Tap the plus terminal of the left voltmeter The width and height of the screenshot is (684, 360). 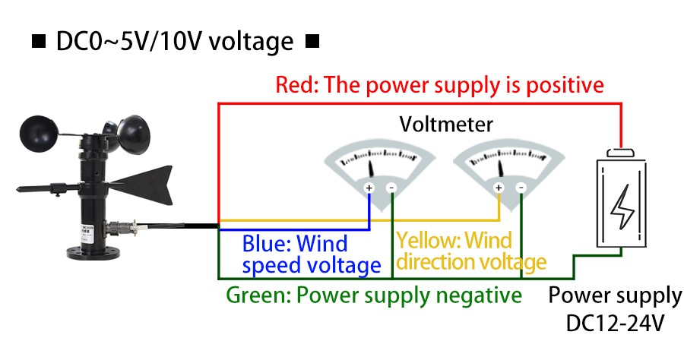369,188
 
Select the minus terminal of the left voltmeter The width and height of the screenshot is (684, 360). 391,188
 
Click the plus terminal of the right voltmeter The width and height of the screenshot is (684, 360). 499,188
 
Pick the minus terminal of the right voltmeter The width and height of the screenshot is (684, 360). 521,188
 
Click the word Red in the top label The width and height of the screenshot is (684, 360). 291,84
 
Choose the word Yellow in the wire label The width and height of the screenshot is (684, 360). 428,242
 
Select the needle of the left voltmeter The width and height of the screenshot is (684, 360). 372,168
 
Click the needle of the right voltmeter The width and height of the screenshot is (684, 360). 502,168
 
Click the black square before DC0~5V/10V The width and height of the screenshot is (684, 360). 38,43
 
